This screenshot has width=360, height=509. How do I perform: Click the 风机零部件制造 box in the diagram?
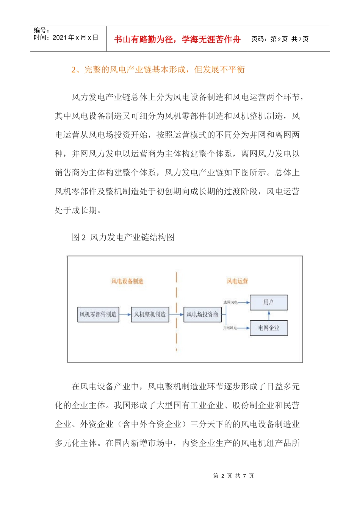(98, 314)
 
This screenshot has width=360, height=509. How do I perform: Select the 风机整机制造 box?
(150, 314)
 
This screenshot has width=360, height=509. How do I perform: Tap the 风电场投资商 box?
(202, 314)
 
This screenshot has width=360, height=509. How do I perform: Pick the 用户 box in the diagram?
(269, 302)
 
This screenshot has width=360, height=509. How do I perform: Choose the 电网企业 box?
(269, 328)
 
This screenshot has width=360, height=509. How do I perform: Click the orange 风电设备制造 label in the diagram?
(127, 281)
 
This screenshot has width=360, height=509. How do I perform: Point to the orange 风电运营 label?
(237, 281)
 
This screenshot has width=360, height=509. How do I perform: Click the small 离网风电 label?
(230, 303)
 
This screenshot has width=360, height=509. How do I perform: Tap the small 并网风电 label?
(230, 328)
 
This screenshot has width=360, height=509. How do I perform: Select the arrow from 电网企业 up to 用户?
(269, 315)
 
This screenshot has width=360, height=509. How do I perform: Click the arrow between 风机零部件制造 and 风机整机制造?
(125, 314)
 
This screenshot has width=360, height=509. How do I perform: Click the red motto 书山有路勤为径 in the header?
(177, 39)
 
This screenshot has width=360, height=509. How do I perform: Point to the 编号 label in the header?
(41, 30)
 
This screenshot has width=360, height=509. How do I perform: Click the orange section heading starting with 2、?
(158, 70)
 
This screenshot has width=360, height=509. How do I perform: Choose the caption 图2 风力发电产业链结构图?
(123, 237)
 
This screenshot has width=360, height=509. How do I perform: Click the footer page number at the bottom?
(233, 476)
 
